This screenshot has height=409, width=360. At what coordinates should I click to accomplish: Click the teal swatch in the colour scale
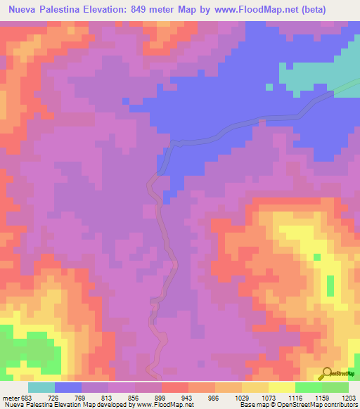tap(41, 387)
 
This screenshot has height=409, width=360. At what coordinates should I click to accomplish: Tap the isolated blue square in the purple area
tap(268, 87)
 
